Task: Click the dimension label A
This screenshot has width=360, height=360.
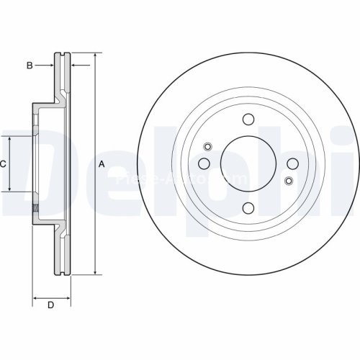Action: click(x=102, y=164)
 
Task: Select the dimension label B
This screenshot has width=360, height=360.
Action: click(x=30, y=66)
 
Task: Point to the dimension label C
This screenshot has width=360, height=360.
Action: click(x=3, y=164)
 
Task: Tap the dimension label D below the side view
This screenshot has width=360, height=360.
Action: click(x=50, y=306)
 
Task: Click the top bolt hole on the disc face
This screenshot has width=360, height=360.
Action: click(x=248, y=120)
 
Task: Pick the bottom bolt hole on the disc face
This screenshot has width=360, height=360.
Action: click(x=248, y=209)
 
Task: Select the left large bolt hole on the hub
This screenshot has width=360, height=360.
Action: click(x=204, y=164)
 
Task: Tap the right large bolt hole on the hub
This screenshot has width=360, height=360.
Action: click(x=292, y=164)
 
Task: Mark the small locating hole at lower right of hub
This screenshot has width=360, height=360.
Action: click(x=289, y=180)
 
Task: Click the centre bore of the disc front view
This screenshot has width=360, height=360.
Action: click(x=248, y=164)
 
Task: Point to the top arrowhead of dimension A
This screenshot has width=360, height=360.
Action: click(x=95, y=55)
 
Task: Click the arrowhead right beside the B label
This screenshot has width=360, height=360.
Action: click(x=52, y=66)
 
